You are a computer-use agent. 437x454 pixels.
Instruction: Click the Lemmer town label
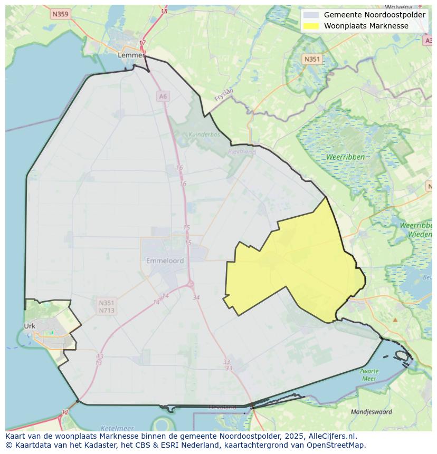point(131,55)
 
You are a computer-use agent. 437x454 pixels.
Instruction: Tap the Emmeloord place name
point(165,260)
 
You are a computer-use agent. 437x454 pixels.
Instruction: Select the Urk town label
point(30,326)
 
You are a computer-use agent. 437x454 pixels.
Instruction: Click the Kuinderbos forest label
point(204,134)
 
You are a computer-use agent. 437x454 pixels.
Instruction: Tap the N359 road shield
point(60,14)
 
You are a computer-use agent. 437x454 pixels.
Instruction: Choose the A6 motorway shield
point(163,96)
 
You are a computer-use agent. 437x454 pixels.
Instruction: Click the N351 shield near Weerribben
point(312,60)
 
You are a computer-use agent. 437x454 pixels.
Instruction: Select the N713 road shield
point(106,311)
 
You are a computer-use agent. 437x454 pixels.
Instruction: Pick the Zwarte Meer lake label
point(369,374)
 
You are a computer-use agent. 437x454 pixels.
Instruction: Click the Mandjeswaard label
point(372,411)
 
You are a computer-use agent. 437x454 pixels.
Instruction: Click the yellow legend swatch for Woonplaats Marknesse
point(311,26)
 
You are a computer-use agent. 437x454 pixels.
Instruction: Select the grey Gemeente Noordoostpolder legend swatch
point(311,15)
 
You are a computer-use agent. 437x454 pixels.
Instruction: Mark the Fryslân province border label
point(224,94)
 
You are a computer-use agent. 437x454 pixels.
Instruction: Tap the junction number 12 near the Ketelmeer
point(65,412)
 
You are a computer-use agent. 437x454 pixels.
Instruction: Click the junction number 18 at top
point(164,12)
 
